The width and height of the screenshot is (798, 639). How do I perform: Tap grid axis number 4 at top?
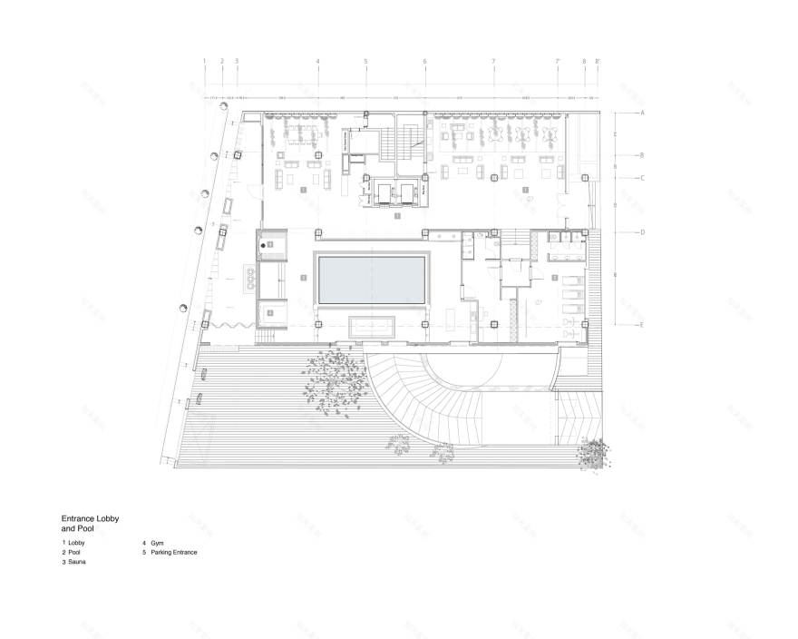coord(317,62)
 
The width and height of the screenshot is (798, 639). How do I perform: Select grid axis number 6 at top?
coord(424,62)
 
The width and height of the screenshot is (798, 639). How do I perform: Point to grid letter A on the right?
coord(641,113)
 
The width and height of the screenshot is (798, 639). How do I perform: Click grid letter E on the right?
coord(641,324)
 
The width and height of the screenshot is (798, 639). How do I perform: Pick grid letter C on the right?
coord(641,178)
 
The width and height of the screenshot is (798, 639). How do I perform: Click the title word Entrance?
coord(78,518)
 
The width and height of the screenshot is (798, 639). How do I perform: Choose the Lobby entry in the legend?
coord(76,543)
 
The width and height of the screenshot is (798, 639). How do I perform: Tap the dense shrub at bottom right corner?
coord(593,452)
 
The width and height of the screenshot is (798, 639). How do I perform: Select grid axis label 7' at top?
coord(558,62)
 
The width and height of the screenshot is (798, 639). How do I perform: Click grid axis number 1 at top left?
coord(205,62)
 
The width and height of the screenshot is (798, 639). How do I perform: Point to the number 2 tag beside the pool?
coord(304,278)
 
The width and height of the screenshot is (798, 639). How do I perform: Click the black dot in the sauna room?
coord(264,246)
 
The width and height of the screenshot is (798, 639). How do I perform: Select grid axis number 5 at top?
coord(365,62)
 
